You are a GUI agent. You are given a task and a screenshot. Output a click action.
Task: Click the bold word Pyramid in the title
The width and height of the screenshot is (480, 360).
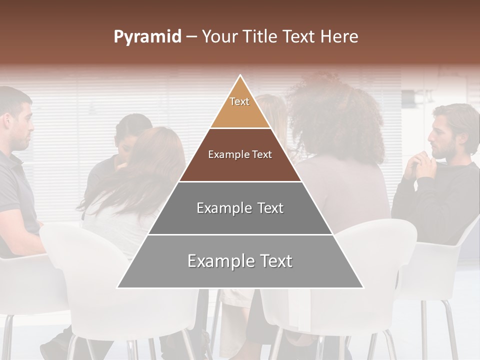(x=147, y=36)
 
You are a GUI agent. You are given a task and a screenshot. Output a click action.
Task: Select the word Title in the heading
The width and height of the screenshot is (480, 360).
(x=258, y=36)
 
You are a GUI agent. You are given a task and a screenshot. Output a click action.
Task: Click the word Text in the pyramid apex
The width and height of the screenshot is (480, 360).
(x=239, y=101)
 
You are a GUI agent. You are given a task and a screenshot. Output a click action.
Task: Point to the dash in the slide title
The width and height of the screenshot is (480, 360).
(x=191, y=36)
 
